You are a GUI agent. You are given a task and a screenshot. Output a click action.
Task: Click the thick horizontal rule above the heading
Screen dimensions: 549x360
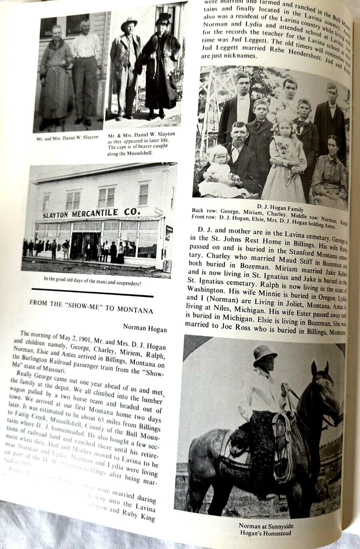[92, 296]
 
